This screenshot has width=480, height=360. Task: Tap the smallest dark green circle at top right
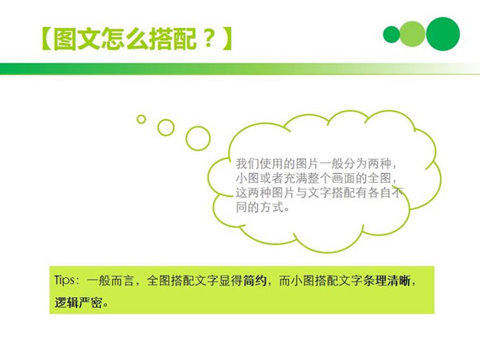tap(391, 35)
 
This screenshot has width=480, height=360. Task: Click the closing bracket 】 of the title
tap(228, 39)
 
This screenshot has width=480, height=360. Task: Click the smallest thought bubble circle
tap(142, 119)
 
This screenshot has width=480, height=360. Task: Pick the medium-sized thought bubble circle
tap(166, 127)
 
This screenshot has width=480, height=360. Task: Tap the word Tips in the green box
tap(65, 281)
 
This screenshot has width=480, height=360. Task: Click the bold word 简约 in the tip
tap(255, 281)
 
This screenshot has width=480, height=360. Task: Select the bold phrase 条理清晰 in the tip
tap(386, 281)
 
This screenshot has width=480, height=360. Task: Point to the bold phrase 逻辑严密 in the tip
tap(78, 302)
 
